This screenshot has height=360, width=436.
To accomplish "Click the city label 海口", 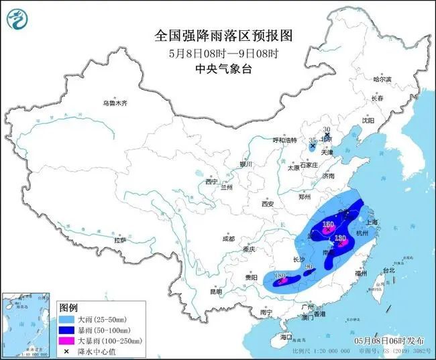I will [x=287, y=337].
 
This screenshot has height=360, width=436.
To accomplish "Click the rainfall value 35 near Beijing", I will [x=313, y=141].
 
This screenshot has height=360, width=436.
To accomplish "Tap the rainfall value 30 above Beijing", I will [x=328, y=129].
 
